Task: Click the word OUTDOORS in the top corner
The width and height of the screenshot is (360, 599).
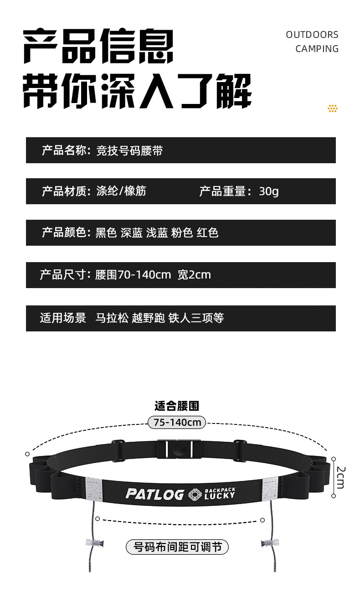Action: point(312,35)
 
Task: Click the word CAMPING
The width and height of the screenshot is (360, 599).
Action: point(317,49)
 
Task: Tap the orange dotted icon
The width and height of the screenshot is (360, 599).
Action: point(333,108)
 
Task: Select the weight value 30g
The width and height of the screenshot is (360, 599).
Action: point(268,191)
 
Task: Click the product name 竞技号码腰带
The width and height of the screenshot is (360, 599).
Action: point(129,150)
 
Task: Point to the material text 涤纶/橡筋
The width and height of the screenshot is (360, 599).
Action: point(121,191)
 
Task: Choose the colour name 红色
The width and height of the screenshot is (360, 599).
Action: point(207,232)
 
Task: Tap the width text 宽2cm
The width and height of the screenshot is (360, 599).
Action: point(194,275)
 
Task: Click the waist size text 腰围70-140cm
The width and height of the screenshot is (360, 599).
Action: point(133,275)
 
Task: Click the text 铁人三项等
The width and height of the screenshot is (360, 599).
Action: point(196,318)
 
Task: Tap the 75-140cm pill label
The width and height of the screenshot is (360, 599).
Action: point(177,422)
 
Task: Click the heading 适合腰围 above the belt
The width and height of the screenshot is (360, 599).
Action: point(177,406)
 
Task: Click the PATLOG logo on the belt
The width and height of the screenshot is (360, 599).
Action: point(154,494)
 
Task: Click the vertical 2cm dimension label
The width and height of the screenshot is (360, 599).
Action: point(341,477)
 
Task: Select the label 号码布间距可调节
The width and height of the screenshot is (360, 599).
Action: point(177,547)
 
